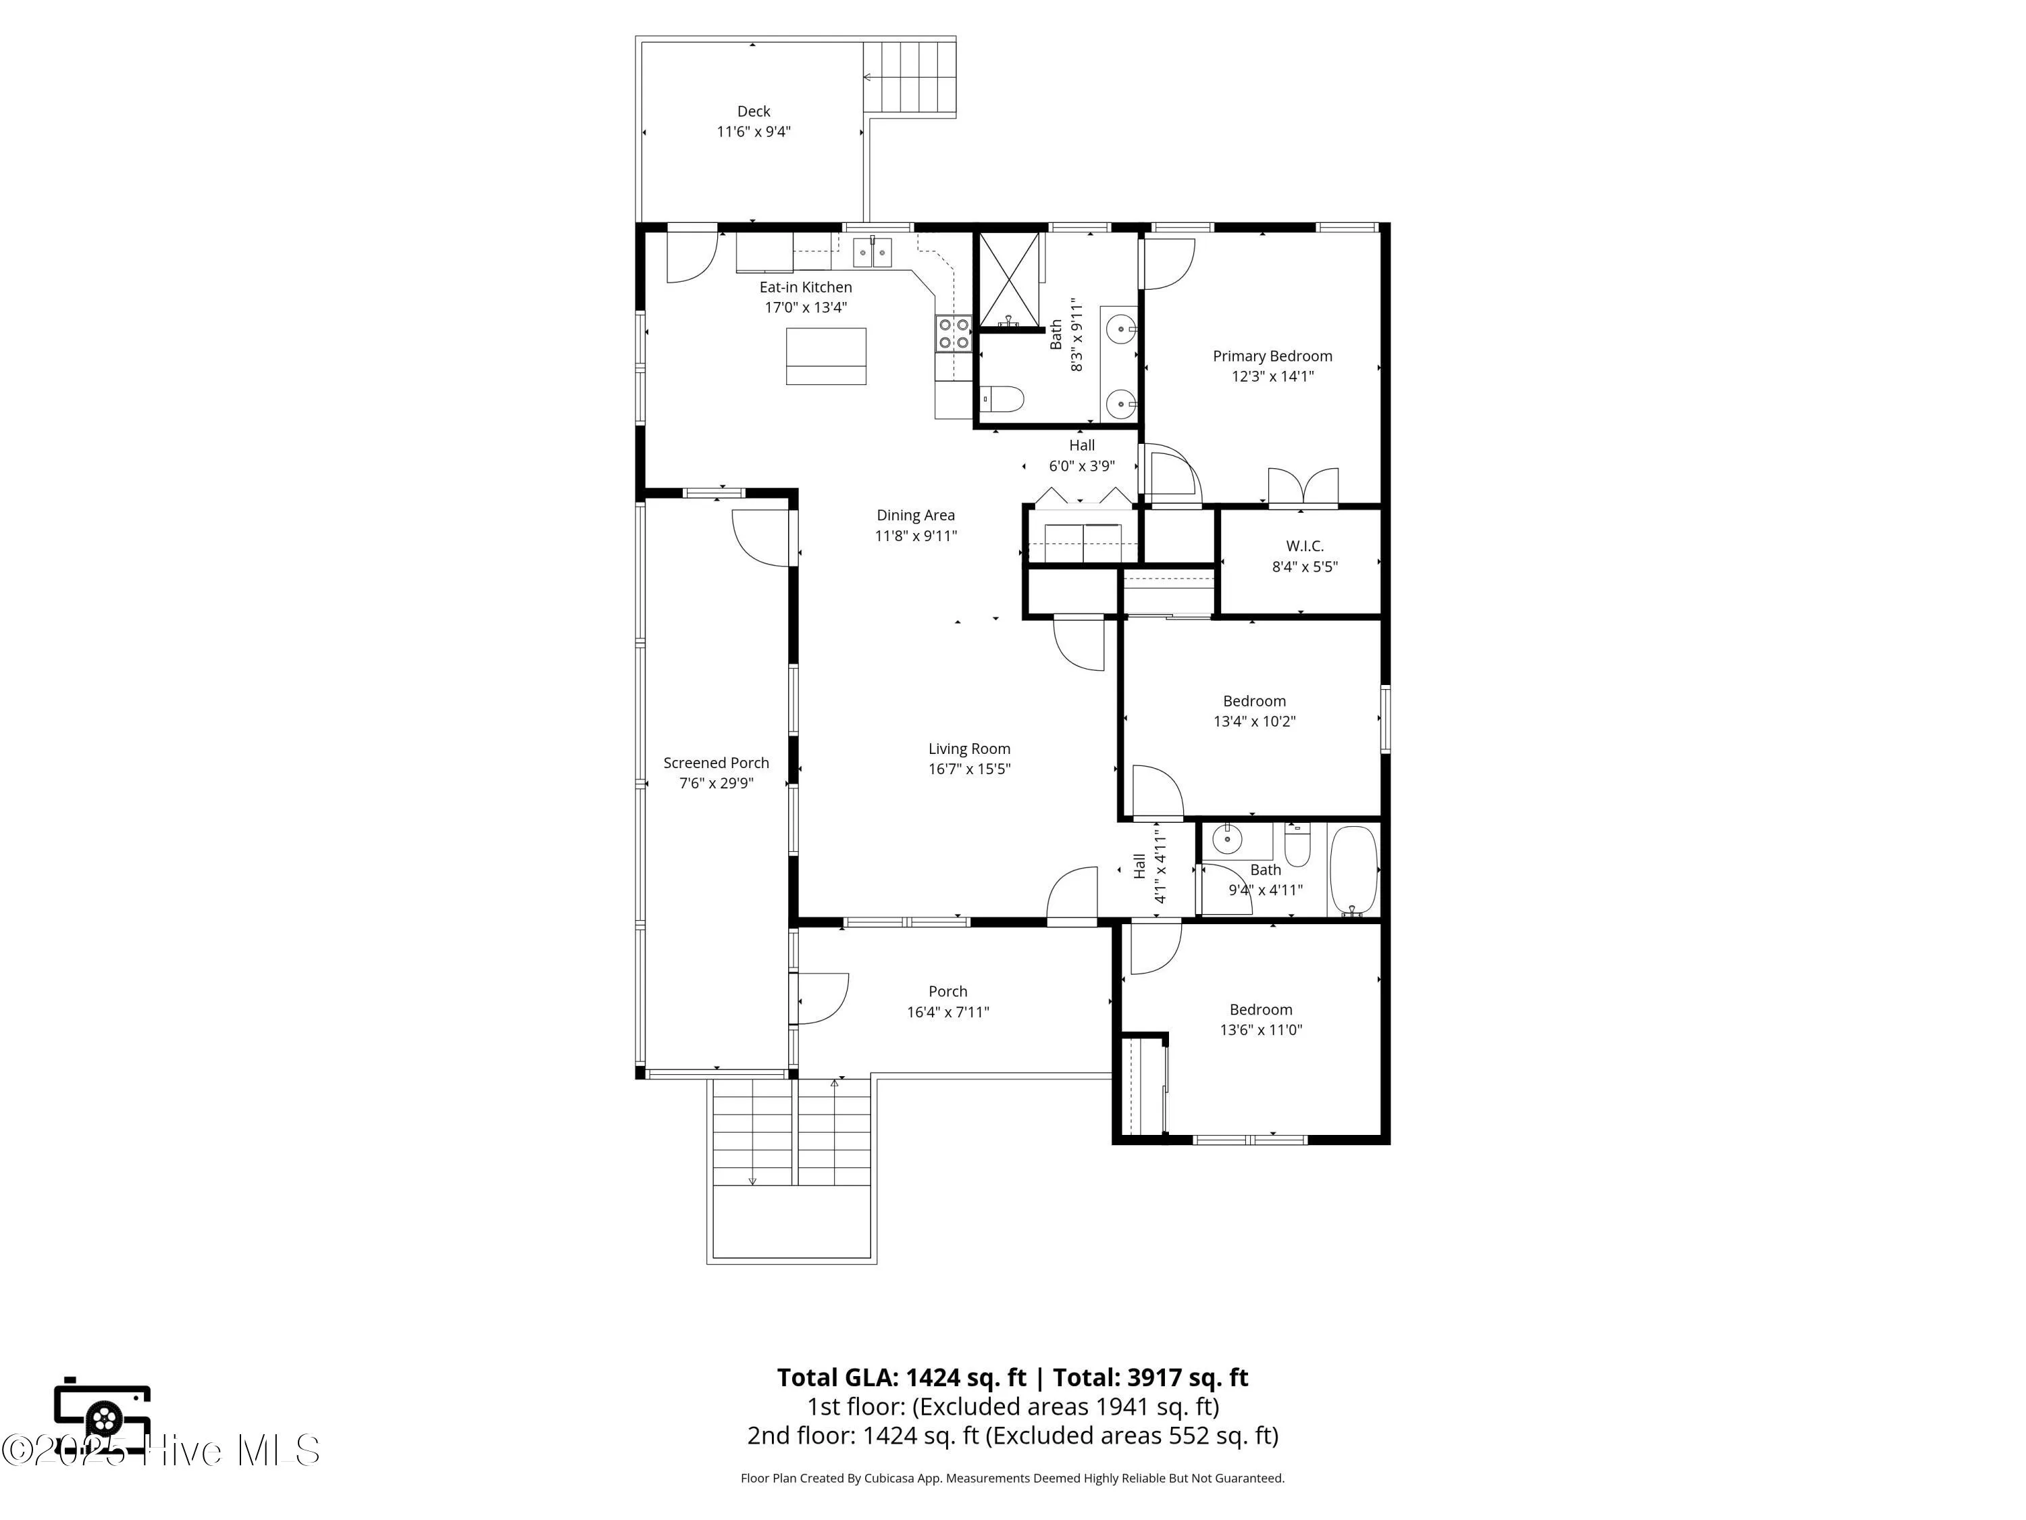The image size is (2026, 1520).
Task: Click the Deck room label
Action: click(753, 111)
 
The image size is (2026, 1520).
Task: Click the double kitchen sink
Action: click(872, 252)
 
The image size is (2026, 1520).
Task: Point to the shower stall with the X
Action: click(1010, 280)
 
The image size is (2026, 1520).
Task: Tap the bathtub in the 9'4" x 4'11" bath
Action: click(1353, 869)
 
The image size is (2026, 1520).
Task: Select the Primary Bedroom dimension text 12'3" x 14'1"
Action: click(1272, 376)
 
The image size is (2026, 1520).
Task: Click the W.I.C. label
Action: click(1304, 546)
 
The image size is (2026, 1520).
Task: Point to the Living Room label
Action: click(969, 749)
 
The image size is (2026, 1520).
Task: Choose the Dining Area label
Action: click(915, 515)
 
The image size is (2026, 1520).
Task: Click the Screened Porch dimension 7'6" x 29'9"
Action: click(717, 784)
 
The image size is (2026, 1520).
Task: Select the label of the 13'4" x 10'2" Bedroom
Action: click(1254, 701)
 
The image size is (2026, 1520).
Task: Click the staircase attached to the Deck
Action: click(910, 77)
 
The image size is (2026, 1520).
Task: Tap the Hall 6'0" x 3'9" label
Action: click(1082, 446)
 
